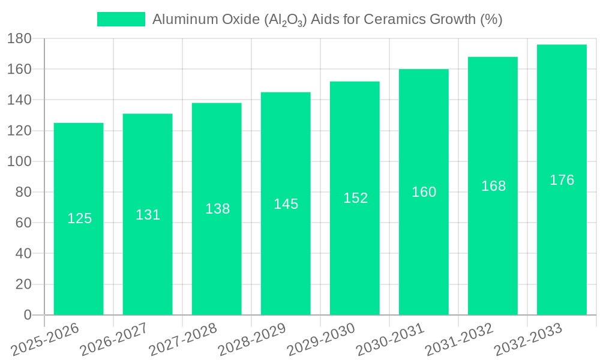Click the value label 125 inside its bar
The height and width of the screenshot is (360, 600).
click(79, 218)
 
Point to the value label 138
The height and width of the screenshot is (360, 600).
click(217, 209)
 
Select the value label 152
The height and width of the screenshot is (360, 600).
click(355, 198)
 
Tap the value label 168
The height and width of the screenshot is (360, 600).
click(493, 186)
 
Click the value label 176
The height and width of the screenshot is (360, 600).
click(562, 180)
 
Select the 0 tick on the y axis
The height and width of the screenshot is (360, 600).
click(27, 315)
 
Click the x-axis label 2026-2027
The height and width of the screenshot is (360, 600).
click(114, 339)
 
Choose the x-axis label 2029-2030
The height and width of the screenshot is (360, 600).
click(321, 339)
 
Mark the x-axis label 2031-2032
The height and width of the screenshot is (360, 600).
click(459, 339)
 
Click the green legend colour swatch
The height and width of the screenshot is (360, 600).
click(121, 20)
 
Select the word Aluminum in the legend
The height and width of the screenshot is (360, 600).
click(182, 20)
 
